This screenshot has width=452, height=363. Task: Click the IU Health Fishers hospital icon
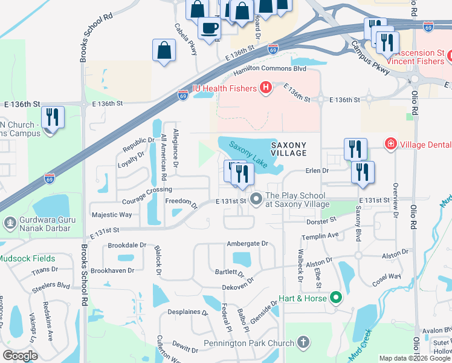click(265, 89)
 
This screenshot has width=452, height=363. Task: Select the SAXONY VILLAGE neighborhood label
click(288, 149)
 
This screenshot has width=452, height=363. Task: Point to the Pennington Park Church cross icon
click(303, 343)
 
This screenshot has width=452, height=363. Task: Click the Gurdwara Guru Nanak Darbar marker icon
click(10, 223)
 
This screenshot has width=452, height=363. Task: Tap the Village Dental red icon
click(391, 143)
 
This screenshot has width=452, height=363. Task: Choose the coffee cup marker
click(209, 28)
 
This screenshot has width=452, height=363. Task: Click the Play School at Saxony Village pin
click(256, 198)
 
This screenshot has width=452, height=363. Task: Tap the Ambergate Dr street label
click(247, 243)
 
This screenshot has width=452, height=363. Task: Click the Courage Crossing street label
click(147, 189)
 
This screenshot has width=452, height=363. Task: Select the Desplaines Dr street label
click(187, 313)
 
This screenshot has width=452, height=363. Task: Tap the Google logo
click(20, 356)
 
